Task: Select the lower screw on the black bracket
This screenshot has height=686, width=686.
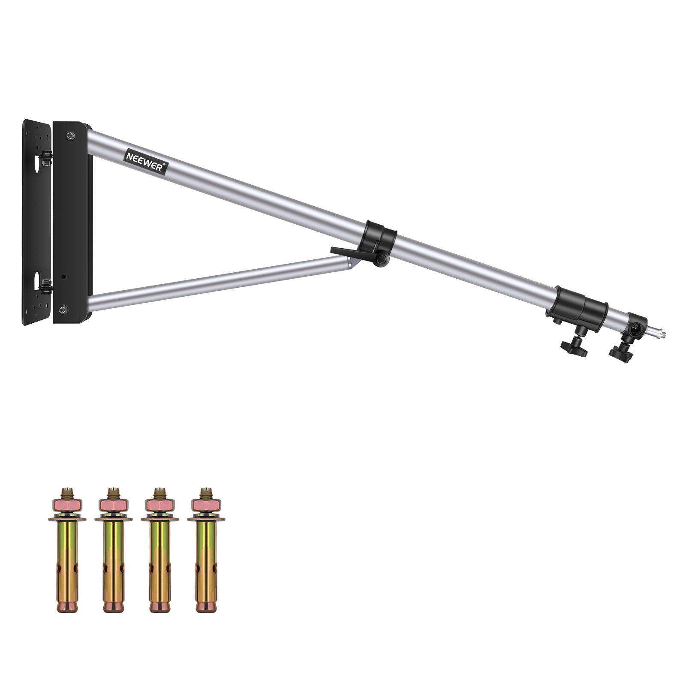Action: (x=63, y=309)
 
